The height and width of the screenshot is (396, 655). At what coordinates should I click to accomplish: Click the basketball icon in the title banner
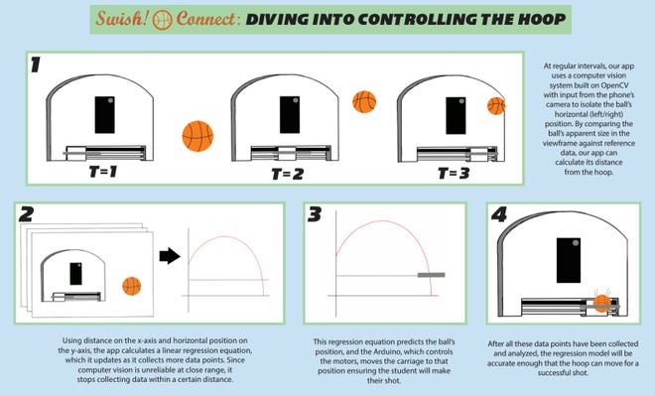click(162, 20)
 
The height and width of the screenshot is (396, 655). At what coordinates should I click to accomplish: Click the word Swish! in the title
click(122, 19)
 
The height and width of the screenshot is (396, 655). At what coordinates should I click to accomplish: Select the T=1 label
click(103, 172)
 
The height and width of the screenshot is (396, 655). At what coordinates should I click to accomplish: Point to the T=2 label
click(287, 174)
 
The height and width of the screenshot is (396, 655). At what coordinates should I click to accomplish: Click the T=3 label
click(454, 173)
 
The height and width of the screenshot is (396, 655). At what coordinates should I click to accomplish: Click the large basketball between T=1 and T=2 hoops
click(197, 136)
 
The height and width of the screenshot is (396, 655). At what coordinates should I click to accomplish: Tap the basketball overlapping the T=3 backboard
click(496, 105)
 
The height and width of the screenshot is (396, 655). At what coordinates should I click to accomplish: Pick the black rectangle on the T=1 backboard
click(104, 115)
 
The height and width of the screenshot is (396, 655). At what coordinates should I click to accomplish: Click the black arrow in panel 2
click(170, 256)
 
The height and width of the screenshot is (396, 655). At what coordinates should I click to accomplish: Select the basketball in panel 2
click(132, 286)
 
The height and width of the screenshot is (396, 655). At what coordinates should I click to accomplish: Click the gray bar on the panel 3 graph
click(431, 275)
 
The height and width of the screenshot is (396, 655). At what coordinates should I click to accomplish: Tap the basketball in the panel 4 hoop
click(602, 304)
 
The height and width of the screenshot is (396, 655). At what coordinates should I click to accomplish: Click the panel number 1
click(36, 65)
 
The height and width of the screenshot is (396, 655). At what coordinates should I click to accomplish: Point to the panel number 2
click(26, 214)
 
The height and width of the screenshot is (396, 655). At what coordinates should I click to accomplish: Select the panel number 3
click(315, 214)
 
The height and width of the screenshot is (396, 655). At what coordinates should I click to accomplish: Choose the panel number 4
click(499, 214)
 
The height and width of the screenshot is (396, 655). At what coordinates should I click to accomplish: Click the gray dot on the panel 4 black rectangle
click(576, 243)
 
